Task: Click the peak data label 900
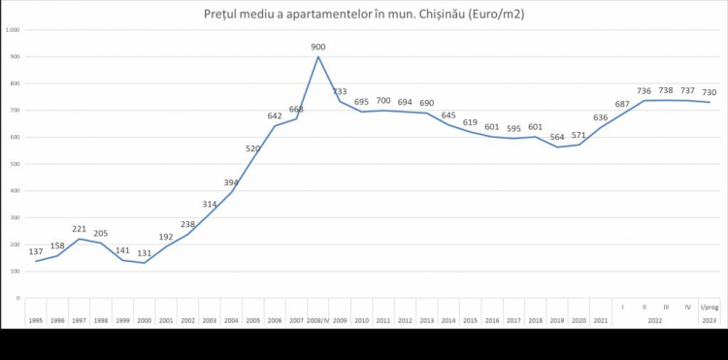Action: point(318,46)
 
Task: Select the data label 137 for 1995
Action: point(36,251)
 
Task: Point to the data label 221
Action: point(80,229)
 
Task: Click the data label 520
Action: point(252,148)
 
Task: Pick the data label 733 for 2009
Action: point(340,91)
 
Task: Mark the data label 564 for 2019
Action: point(556,137)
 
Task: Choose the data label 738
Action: point(665,90)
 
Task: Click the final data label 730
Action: point(709,92)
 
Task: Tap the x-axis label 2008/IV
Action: point(318,319)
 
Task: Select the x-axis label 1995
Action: point(36,319)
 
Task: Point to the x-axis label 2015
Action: point(470,319)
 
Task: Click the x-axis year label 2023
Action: point(709,319)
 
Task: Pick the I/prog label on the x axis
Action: point(709,308)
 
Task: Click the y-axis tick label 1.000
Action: point(13,30)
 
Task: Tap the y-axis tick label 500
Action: point(15,164)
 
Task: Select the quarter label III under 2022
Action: point(665,308)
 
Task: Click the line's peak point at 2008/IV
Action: point(318,56)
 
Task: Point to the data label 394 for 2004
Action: point(231,181)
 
